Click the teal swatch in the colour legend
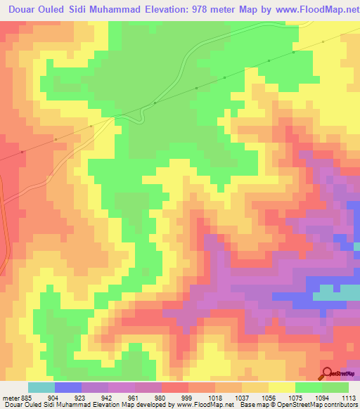pos(41,387)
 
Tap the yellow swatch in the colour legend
pos(281,387)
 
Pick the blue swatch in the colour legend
pos(68,387)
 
